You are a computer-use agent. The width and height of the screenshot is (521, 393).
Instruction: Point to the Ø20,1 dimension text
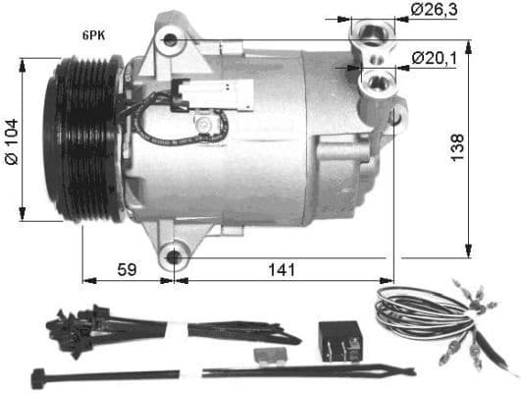435,60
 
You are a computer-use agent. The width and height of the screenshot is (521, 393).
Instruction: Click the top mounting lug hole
172,40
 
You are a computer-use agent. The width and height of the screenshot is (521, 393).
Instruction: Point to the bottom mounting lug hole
175,257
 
